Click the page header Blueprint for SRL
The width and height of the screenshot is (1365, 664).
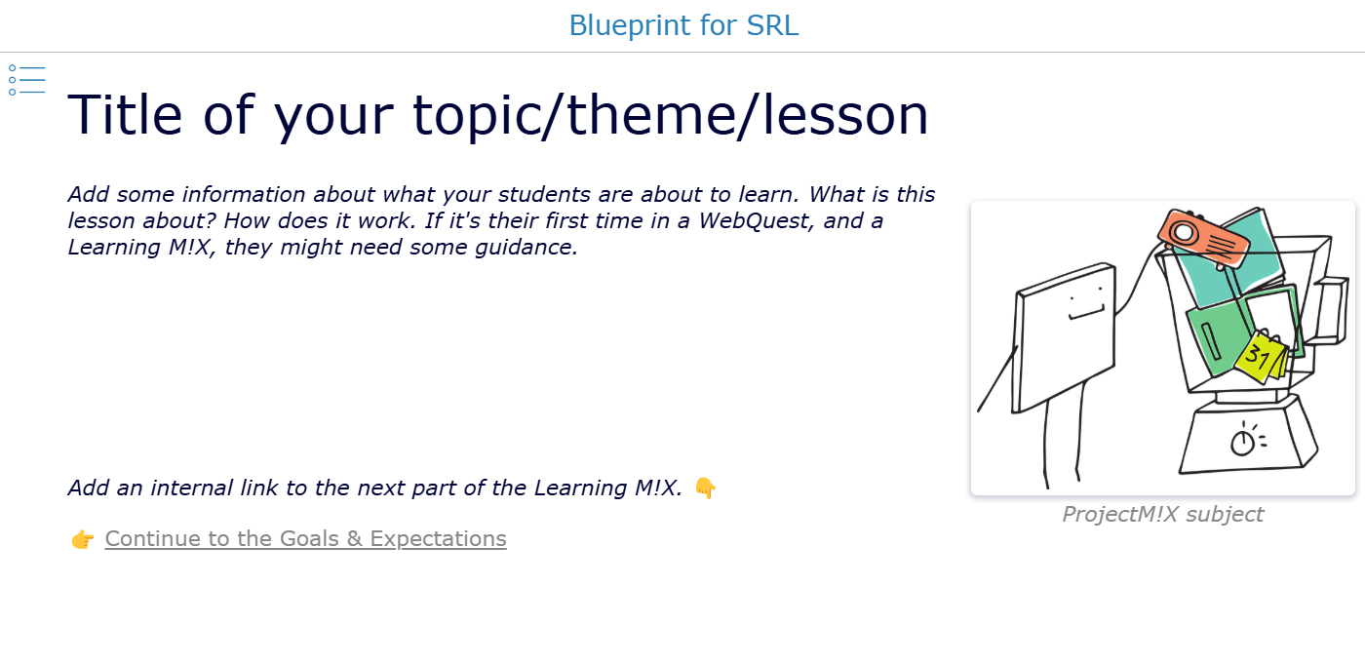[x=683, y=25]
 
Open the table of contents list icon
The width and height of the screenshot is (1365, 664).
[x=27, y=80]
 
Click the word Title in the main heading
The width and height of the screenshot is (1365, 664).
[x=125, y=114]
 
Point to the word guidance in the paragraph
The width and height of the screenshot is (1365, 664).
[x=526, y=248]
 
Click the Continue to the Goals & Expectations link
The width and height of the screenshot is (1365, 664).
[x=305, y=538]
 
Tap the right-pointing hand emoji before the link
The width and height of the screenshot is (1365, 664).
[x=82, y=539]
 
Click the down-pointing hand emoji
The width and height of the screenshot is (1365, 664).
[x=706, y=488]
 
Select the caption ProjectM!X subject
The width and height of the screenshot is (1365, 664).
[x=1162, y=514]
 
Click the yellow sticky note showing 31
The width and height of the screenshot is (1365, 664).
[x=1259, y=357]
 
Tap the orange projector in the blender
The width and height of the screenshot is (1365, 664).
[x=1203, y=238]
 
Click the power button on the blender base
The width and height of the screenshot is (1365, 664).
[x=1243, y=442]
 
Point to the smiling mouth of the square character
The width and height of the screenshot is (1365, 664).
[x=1086, y=313]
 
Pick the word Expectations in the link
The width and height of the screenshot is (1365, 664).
[x=438, y=538]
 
